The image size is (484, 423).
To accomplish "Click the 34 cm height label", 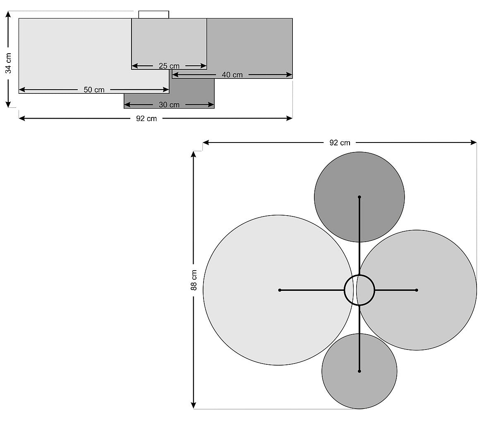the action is (8, 63).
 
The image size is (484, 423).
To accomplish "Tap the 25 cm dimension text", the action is (169, 66).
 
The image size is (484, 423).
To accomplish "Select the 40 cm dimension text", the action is (232, 75).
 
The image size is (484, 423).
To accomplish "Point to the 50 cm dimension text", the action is (94, 90).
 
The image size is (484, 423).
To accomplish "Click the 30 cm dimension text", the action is (169, 105).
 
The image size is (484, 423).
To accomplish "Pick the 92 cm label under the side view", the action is (146, 119).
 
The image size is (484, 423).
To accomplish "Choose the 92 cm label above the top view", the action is (340, 143).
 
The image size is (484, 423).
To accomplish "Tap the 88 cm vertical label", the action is (194, 280).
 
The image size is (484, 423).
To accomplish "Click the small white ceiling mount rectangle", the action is (154, 14).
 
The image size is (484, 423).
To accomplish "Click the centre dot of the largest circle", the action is (280, 290).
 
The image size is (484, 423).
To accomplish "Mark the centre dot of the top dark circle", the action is (359, 197).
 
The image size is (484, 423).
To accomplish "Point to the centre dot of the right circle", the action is (417, 290).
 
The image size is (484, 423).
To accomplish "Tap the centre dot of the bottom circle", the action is (359, 371).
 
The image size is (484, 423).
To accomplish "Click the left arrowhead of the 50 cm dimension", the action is (22, 90).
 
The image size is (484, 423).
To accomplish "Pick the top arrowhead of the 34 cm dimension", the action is (8, 14).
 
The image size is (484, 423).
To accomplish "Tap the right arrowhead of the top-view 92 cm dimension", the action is (474, 143).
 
